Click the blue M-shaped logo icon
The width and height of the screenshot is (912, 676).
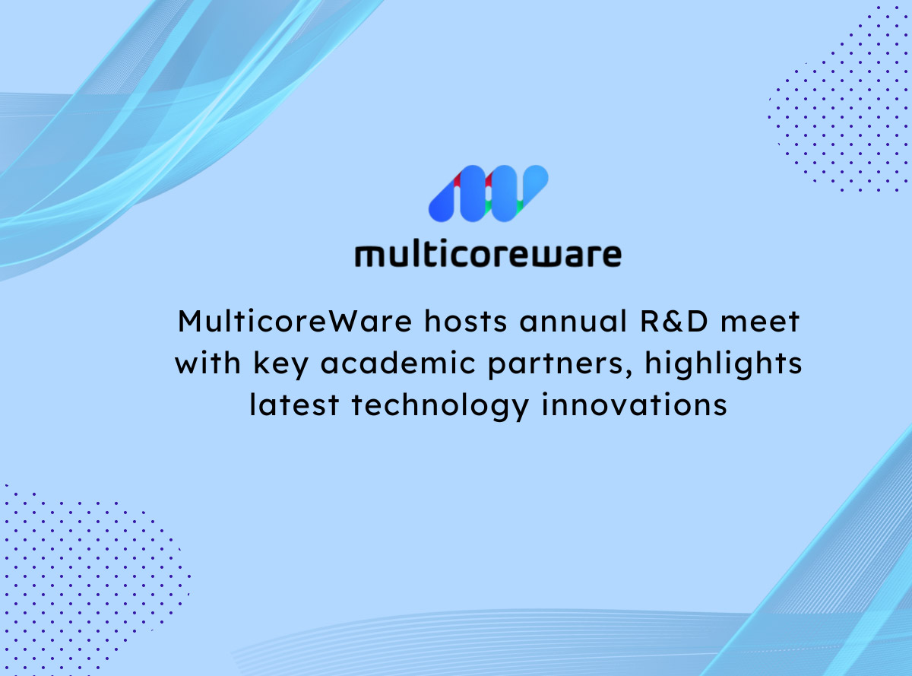pos(488,194)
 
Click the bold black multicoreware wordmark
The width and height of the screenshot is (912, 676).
pos(488,255)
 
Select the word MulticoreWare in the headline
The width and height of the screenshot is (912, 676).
pos(295,322)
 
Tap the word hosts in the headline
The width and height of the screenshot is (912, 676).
pos(465,322)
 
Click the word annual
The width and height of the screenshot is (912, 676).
pos(574,322)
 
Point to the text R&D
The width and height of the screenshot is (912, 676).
pos(674,322)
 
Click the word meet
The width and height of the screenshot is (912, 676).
pos(760,322)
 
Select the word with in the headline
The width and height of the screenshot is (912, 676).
pos(208,363)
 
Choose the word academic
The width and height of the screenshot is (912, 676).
pos(398,363)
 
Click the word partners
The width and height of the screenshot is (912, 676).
pos(556,366)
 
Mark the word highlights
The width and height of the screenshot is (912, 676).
pos(724,366)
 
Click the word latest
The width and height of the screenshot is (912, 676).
pos(294,405)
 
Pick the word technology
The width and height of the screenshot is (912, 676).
pos(440,408)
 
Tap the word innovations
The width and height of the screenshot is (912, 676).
pos(634,405)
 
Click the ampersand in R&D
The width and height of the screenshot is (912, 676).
pos(674,322)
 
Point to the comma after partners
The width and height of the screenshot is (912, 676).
pos(629,373)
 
